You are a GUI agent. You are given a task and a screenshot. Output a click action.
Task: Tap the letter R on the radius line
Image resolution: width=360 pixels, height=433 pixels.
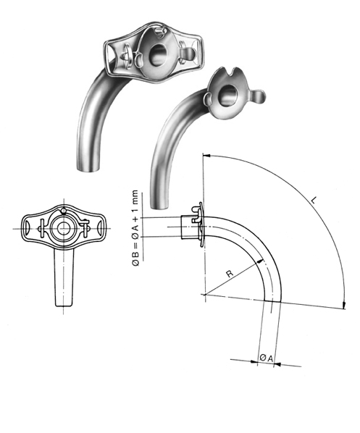[230, 273]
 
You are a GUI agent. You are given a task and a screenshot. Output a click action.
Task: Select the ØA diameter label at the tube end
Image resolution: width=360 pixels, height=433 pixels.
[267, 358]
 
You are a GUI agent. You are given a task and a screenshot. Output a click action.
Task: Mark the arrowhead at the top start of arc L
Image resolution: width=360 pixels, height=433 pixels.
[206, 155]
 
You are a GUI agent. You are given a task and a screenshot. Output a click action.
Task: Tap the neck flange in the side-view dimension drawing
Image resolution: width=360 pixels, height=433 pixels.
[200, 224]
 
